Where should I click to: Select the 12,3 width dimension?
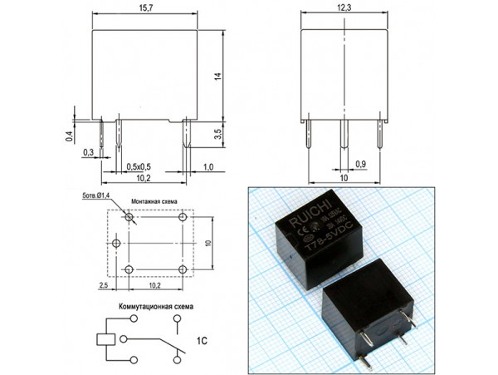[344, 7]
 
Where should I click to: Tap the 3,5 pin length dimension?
[217, 132]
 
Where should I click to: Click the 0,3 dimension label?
[88, 153]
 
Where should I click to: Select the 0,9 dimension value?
[361, 162]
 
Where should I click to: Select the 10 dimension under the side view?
[344, 177]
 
